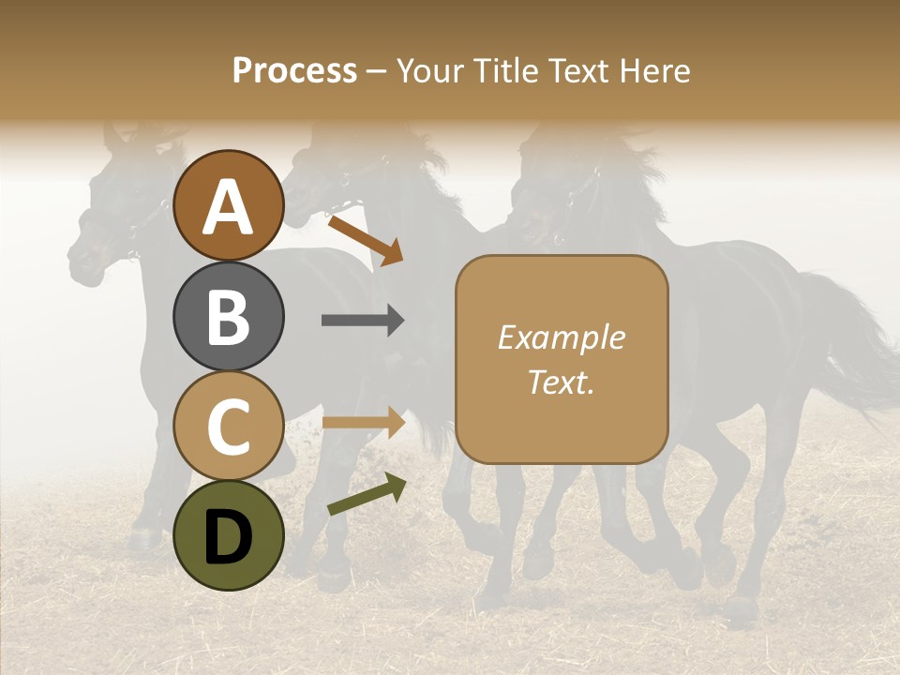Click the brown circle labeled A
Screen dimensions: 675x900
point(228,205)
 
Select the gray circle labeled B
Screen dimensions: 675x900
point(228,316)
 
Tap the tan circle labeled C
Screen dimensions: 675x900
point(228,426)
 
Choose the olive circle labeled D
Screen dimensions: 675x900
point(228,535)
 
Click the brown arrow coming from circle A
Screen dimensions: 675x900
point(365,239)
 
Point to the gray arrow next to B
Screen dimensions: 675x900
point(362,321)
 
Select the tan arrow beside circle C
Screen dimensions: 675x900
point(362,422)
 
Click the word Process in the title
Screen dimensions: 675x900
point(294,70)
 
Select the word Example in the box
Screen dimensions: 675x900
point(561,337)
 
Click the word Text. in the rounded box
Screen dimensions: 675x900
point(561,382)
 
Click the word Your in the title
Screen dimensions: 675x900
point(428,70)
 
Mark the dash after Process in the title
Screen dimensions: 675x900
point(376,72)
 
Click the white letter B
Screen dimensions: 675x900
point(228,316)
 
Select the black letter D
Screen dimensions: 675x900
point(228,536)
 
